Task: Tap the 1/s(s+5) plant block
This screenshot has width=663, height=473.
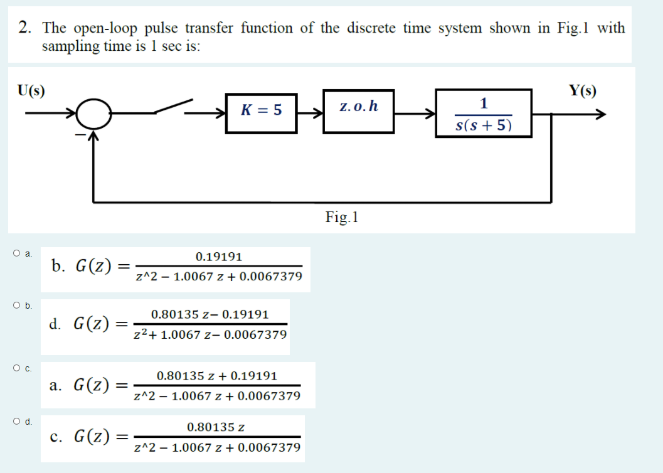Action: tap(484, 114)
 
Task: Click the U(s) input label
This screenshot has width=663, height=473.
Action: tap(31, 90)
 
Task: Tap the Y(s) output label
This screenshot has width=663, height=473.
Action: tap(582, 90)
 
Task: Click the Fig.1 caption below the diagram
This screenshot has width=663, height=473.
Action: tap(341, 218)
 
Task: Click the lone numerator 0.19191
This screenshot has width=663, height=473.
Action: tap(218, 257)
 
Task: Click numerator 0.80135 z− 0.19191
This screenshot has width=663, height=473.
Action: tap(210, 314)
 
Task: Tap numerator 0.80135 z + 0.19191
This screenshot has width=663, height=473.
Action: tap(216, 376)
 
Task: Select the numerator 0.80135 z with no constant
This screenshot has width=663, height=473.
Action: tap(216, 427)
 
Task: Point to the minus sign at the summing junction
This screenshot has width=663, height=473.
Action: tap(80, 133)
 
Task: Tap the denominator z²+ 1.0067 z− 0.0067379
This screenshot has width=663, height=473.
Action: tap(211, 334)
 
